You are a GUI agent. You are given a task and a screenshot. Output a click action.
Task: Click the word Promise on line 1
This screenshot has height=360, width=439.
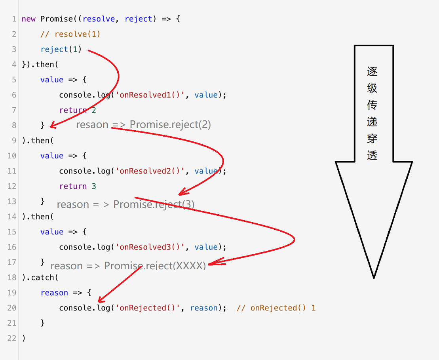tap(57, 19)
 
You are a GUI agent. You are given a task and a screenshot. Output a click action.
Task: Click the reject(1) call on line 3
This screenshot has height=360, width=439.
tap(61, 49)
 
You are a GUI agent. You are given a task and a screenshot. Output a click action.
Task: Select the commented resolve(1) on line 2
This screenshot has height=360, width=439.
tap(70, 34)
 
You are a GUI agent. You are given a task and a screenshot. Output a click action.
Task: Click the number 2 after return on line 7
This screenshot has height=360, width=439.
tap(94, 110)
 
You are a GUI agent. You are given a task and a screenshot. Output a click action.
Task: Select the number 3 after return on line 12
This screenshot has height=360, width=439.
tap(94, 186)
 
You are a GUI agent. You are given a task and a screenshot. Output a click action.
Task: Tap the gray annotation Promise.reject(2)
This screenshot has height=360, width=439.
tap(170, 125)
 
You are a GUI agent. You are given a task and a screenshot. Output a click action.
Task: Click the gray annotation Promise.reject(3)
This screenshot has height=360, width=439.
tap(154, 204)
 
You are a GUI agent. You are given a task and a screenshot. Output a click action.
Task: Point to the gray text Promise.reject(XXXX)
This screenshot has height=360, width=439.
tap(155, 266)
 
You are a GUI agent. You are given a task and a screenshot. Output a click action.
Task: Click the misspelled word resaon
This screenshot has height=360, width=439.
tap(92, 125)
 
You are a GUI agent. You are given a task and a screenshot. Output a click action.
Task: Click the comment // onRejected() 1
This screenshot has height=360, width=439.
tap(276, 308)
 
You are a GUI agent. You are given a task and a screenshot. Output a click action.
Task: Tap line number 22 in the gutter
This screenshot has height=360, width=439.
tap(12, 338)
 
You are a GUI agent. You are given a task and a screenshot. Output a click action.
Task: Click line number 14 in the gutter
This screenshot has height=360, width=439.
tap(12, 217)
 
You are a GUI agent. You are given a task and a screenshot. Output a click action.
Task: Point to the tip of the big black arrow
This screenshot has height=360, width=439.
tap(374, 277)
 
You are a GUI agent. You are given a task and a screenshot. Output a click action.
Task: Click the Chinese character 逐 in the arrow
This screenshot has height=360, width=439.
tap(372, 72)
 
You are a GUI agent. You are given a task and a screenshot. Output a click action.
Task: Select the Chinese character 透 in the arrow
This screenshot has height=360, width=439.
tap(372, 155)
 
